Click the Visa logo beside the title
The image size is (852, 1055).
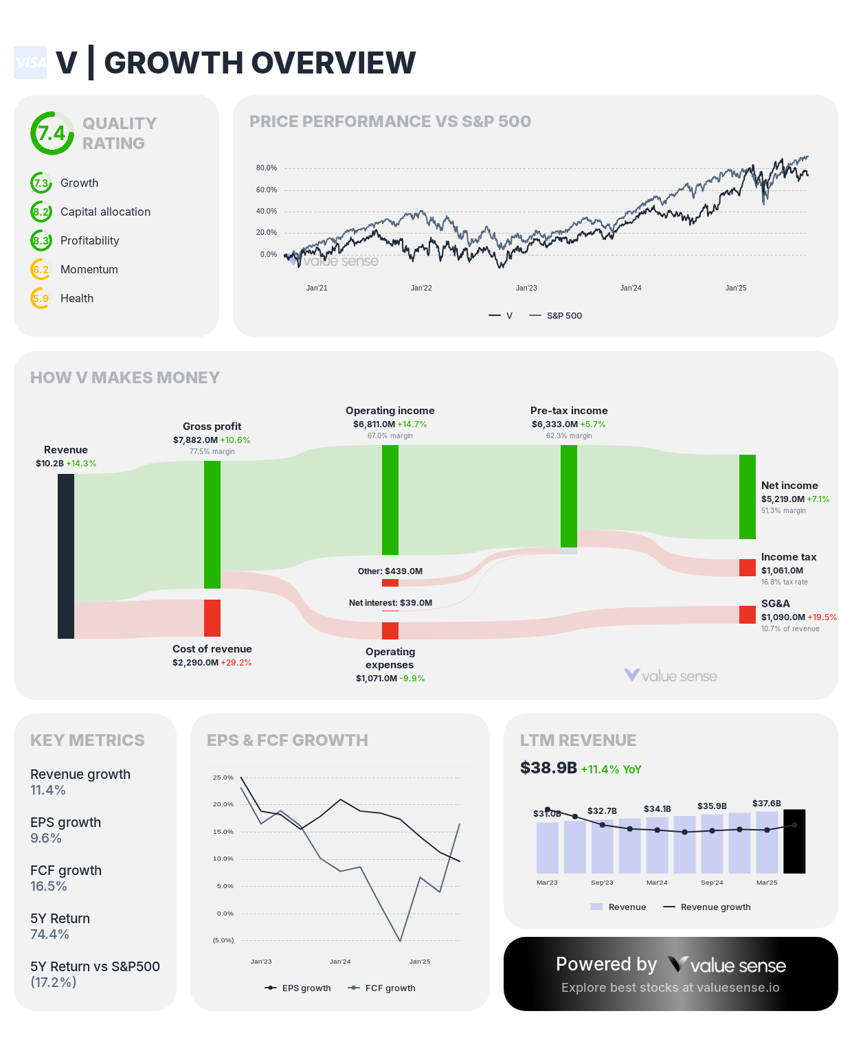pyautogui.click(x=30, y=63)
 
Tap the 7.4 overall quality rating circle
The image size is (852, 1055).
pyautogui.click(x=52, y=133)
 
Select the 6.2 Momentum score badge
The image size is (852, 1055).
pyautogui.click(x=41, y=270)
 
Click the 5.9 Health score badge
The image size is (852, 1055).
pyautogui.click(x=41, y=299)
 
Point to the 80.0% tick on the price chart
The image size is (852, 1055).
pyautogui.click(x=266, y=168)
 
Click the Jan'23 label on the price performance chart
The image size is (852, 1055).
pyautogui.click(x=526, y=288)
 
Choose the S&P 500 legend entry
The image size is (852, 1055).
pyautogui.click(x=556, y=316)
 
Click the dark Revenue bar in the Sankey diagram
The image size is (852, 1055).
pyautogui.click(x=66, y=556)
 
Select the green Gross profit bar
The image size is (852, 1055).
pyautogui.click(x=212, y=525)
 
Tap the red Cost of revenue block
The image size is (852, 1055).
pyautogui.click(x=212, y=618)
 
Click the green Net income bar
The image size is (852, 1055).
pyautogui.click(x=748, y=497)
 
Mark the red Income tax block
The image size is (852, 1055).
pyautogui.click(x=748, y=567)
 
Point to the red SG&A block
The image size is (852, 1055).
pyautogui.click(x=748, y=615)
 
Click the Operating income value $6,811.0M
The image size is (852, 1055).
pyautogui.click(x=374, y=424)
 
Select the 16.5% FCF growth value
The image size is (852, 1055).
pyautogui.click(x=49, y=887)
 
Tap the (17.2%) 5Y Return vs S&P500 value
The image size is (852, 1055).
pyautogui.click(x=54, y=983)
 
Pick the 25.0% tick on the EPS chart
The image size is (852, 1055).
pyautogui.click(x=223, y=778)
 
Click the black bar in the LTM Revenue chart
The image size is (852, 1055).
pyautogui.click(x=794, y=841)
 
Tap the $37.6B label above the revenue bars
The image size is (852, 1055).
pyautogui.click(x=766, y=804)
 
